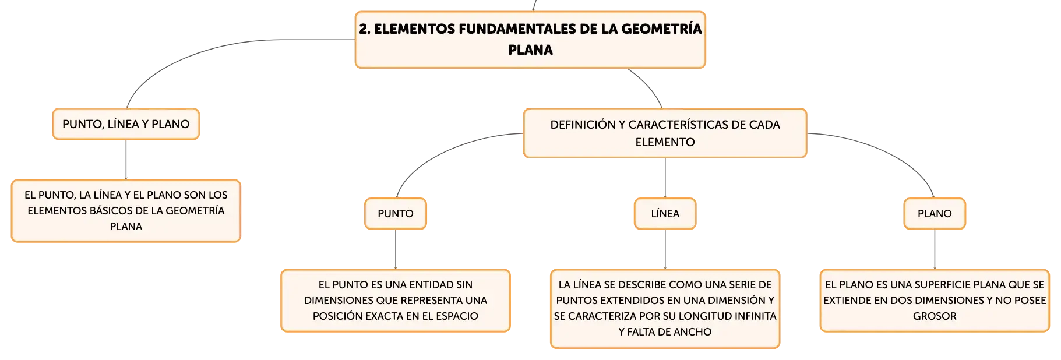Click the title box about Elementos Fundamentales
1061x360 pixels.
tap(530, 40)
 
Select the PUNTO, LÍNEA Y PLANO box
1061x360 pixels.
tap(126, 124)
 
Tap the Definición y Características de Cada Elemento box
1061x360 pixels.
tap(665, 133)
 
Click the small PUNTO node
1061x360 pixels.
tap(396, 214)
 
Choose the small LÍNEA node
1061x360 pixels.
tap(665, 214)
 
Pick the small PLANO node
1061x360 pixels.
tap(935, 214)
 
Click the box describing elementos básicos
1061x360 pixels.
tap(126, 211)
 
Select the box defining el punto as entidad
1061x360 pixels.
tap(396, 301)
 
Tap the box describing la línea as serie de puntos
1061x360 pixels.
tap(665, 309)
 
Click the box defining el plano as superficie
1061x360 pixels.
tap(935, 301)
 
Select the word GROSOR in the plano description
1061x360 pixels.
tap(935, 316)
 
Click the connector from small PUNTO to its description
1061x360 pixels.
tap(396, 249)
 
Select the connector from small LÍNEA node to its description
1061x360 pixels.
tap(665, 249)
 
